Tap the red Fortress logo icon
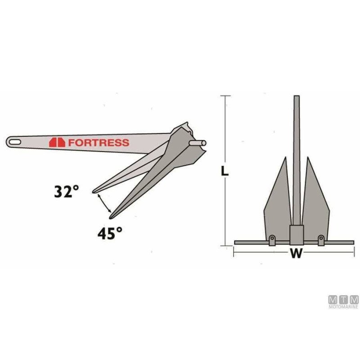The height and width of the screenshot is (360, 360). pyautogui.click(x=57, y=142)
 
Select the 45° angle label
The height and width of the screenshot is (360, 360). pyautogui.click(x=110, y=233)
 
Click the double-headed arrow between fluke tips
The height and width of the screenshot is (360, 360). pyautogui.click(x=104, y=203)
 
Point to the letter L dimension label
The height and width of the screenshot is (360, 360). pyautogui.click(x=226, y=171)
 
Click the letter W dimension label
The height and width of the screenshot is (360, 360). pyautogui.click(x=295, y=254)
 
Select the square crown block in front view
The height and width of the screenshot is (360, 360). pyautogui.click(x=296, y=234)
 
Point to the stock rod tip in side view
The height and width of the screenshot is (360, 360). pyautogui.click(x=203, y=143)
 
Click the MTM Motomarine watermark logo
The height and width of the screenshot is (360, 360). pyautogui.click(x=344, y=301)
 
